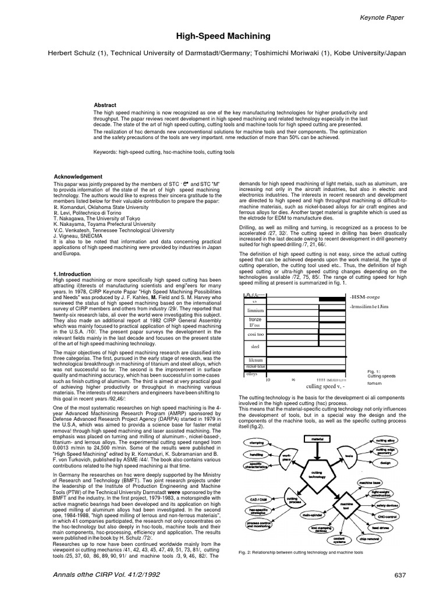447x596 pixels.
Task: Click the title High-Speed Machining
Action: coord(223,37)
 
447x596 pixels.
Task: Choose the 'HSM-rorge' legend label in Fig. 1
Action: coord(366,296)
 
